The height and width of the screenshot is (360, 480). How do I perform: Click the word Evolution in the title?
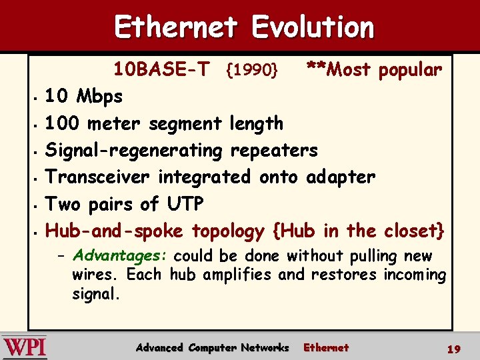point(313,27)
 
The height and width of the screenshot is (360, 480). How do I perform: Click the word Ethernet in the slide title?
point(176,27)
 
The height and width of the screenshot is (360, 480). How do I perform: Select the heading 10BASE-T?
point(161,69)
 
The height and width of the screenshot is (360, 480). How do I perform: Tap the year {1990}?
point(252,70)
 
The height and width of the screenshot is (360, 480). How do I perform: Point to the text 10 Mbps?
point(83,97)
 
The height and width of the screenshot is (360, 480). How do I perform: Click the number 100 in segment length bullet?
point(61,123)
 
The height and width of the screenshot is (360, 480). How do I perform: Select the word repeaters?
point(273,151)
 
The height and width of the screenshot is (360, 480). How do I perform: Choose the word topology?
point(228,231)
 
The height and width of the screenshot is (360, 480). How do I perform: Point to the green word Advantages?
point(122,256)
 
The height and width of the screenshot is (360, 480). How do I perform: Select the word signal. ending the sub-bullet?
point(96,293)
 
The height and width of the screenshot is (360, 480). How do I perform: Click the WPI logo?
point(25,347)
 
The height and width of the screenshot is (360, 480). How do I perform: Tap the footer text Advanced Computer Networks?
point(212,348)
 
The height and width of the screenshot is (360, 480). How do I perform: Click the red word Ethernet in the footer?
point(326,348)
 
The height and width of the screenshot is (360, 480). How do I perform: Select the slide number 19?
point(454,348)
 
